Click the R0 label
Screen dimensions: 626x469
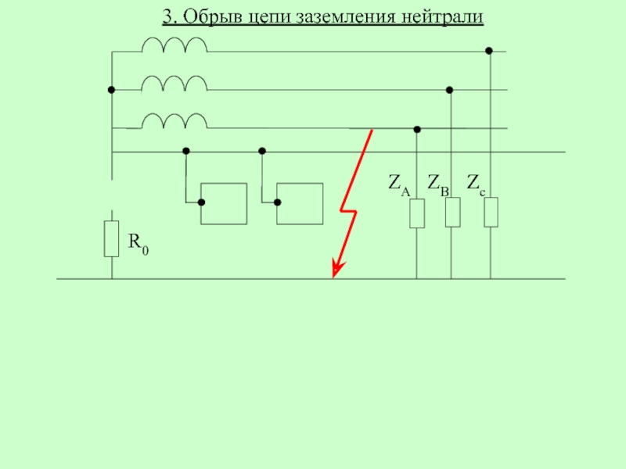point(139,244)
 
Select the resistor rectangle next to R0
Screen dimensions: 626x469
point(112,238)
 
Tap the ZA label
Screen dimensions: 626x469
point(398,184)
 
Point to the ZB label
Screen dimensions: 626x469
point(438,184)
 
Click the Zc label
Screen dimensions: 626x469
point(474,184)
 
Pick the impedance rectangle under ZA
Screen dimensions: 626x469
point(417,213)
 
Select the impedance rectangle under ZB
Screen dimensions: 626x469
point(452,213)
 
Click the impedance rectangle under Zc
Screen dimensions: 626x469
point(491,212)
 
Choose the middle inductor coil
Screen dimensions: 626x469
point(174,83)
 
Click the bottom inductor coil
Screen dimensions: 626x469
point(174,120)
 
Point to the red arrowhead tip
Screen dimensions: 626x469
point(334,275)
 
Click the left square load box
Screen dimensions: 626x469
point(224,204)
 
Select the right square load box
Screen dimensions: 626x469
point(300,204)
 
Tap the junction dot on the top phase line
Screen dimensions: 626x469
point(489,52)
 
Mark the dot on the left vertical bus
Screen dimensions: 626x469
point(112,90)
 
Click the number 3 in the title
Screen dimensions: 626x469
point(167,16)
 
